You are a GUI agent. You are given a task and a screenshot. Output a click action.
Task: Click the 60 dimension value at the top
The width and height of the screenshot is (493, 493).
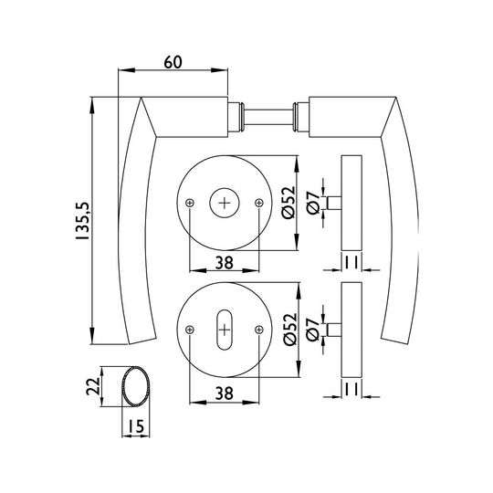(173, 62)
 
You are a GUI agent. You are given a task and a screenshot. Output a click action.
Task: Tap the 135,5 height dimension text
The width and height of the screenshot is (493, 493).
(83, 221)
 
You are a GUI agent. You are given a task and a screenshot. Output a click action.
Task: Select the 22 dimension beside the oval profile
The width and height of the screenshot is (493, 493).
(93, 386)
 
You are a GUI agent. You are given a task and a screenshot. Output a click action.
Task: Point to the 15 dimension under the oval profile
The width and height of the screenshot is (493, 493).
(135, 426)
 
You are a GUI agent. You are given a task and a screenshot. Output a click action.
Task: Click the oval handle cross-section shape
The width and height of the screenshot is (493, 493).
(135, 386)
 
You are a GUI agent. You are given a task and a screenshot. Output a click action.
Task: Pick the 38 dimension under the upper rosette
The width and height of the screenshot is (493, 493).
(225, 263)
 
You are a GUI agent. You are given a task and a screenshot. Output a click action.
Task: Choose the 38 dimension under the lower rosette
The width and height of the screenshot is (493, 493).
(225, 393)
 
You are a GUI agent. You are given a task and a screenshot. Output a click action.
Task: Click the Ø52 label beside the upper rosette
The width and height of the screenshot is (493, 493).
(288, 203)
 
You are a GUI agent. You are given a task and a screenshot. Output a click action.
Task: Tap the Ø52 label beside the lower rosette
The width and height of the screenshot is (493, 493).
(289, 330)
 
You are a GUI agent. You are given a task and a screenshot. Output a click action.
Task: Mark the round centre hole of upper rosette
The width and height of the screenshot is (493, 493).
(225, 203)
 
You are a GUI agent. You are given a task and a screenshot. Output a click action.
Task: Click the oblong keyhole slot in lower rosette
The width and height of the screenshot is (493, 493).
(225, 330)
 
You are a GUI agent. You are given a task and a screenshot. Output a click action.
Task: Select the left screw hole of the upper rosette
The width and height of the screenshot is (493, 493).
(190, 203)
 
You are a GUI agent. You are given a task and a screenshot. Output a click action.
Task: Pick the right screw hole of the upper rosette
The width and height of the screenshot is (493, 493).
(259, 203)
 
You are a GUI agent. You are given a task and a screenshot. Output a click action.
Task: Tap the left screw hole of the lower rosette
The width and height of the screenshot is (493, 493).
(190, 330)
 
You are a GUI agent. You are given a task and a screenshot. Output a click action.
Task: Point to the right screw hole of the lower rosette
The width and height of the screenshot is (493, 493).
(259, 330)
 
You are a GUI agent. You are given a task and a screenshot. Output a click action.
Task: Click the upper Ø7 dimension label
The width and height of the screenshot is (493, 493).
(313, 203)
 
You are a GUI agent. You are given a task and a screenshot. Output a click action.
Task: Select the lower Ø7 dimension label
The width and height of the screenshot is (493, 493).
(313, 330)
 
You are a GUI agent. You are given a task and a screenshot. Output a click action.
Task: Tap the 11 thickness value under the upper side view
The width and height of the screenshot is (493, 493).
(351, 263)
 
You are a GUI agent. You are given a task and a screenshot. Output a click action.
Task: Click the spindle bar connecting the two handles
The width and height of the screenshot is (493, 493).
(268, 117)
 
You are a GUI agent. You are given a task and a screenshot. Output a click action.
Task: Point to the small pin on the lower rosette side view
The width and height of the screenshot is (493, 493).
(334, 330)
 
